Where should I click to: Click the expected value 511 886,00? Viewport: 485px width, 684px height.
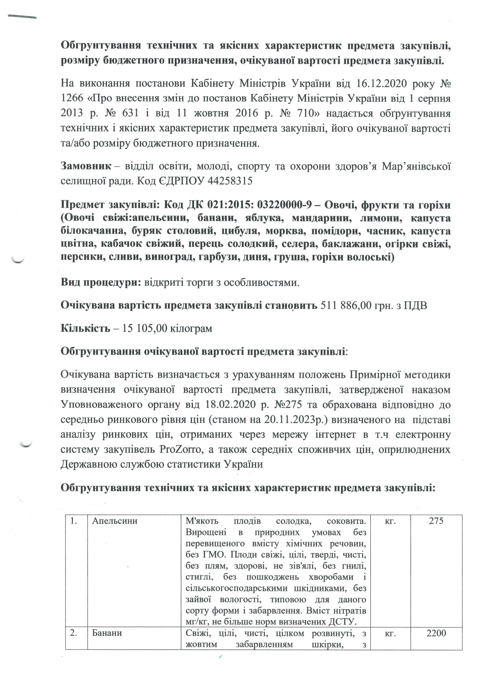tap(346, 305)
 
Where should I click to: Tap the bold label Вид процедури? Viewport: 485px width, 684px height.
tap(101, 282)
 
